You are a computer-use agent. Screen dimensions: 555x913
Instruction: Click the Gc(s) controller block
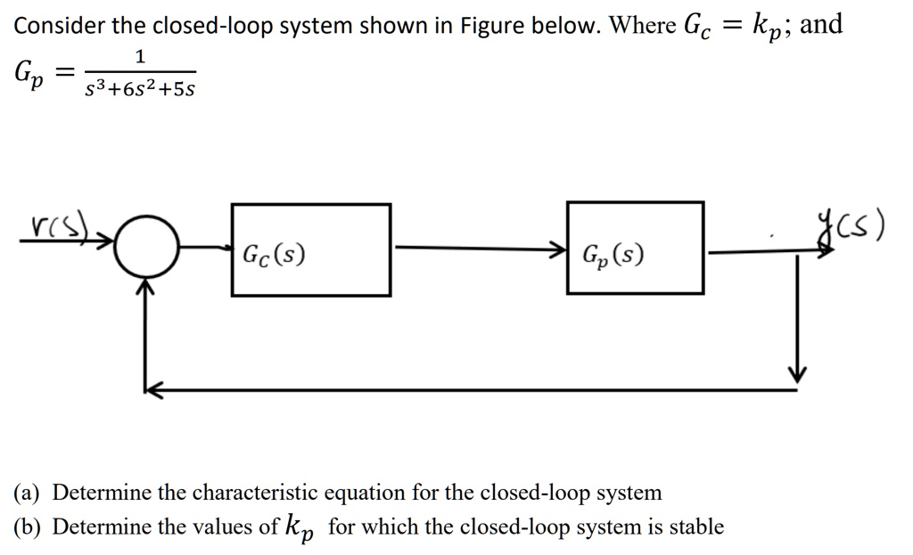310,250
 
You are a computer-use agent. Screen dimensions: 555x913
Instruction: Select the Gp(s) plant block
634,248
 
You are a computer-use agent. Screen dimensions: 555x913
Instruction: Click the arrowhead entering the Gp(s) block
558,248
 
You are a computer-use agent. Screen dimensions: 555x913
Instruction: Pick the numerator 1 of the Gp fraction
139,57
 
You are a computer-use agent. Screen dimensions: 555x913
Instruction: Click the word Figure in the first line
495,26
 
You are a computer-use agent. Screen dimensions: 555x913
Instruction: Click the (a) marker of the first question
29,493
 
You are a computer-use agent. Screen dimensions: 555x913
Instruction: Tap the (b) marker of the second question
29,527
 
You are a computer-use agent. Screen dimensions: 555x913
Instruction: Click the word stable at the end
695,526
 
